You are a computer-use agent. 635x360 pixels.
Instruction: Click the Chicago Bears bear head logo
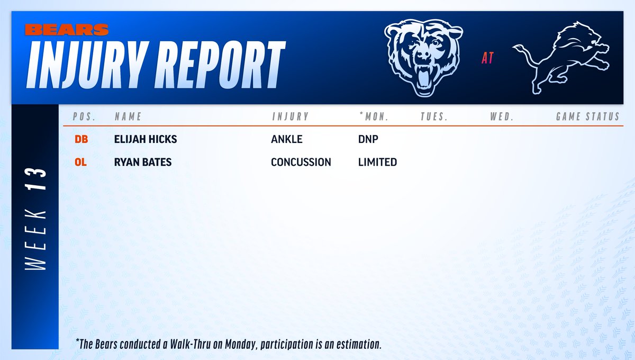[418, 58]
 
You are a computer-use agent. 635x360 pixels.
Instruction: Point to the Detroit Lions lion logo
[561, 58]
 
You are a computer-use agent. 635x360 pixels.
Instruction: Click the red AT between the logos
[487, 58]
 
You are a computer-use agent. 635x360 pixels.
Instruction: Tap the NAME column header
[128, 116]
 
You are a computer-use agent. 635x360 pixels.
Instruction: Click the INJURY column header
[291, 116]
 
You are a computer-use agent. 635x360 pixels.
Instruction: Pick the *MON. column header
[374, 116]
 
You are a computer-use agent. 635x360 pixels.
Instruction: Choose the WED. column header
[502, 116]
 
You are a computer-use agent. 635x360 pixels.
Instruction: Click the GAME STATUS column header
[587, 116]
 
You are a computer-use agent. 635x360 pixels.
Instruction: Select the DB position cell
[81, 140]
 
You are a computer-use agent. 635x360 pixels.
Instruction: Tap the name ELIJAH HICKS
[146, 140]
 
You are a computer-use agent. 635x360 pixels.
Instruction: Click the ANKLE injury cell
[287, 140]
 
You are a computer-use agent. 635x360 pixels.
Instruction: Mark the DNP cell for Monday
[368, 140]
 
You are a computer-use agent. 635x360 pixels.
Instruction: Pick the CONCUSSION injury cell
[301, 162]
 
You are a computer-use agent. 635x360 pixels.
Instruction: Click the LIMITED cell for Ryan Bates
[377, 162]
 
